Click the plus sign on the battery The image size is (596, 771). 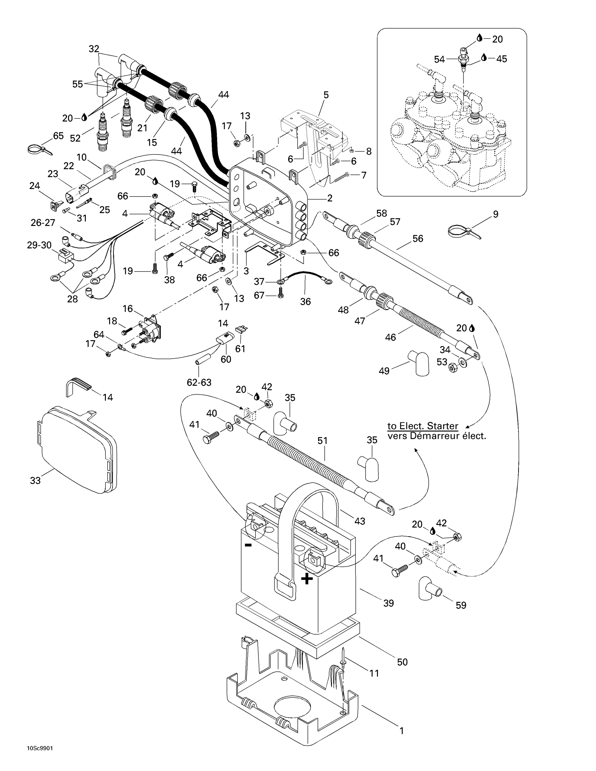tap(306, 579)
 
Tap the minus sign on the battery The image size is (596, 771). tap(248, 545)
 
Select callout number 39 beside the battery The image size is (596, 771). tap(388, 603)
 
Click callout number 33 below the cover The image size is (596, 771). tap(35, 480)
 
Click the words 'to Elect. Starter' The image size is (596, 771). tap(423, 426)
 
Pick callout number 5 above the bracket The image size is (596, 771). tap(326, 95)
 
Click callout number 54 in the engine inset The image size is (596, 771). tap(439, 60)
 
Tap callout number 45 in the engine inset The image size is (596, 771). tap(501, 59)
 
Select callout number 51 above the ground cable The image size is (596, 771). tap(322, 441)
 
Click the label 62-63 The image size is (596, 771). tap(199, 382)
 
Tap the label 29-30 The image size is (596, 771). tap(39, 245)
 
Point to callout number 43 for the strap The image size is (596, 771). tap(360, 521)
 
